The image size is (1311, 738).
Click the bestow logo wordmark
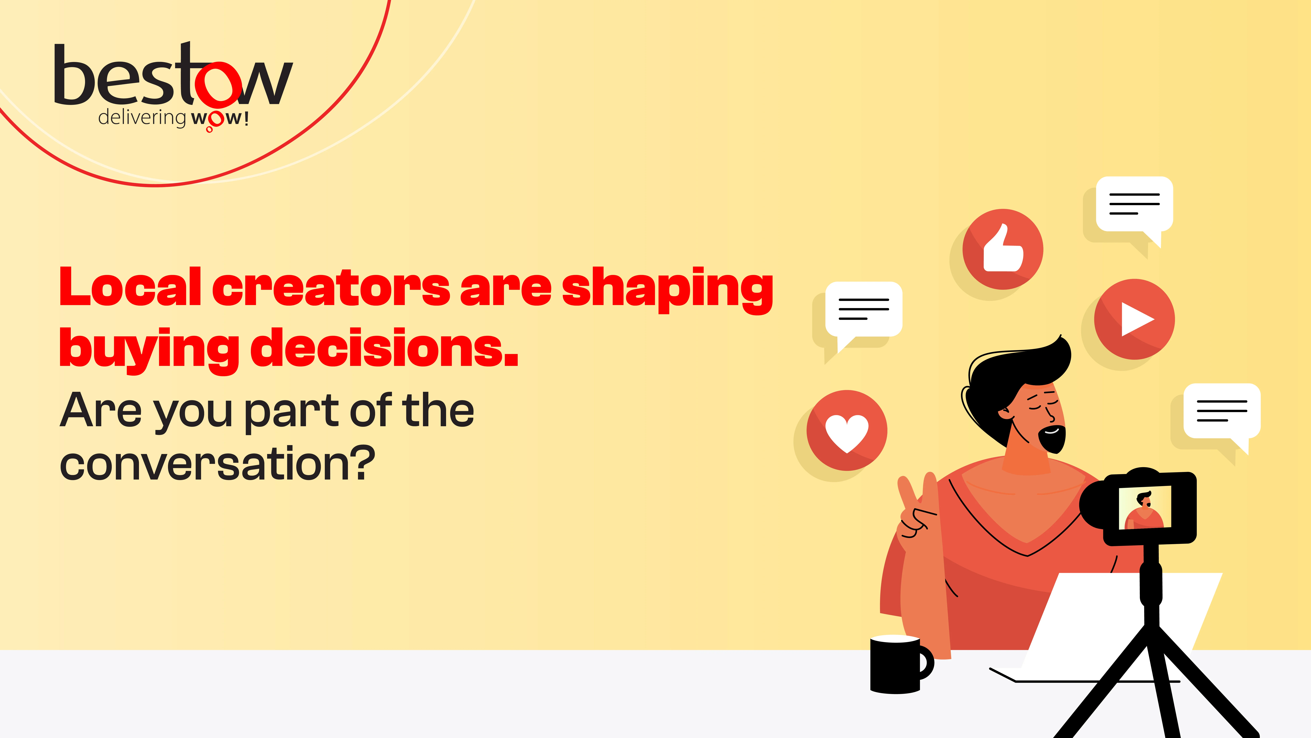173,76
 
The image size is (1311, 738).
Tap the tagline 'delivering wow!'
173,118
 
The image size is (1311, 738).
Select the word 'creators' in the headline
331,288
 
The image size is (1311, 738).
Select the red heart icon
847,430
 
